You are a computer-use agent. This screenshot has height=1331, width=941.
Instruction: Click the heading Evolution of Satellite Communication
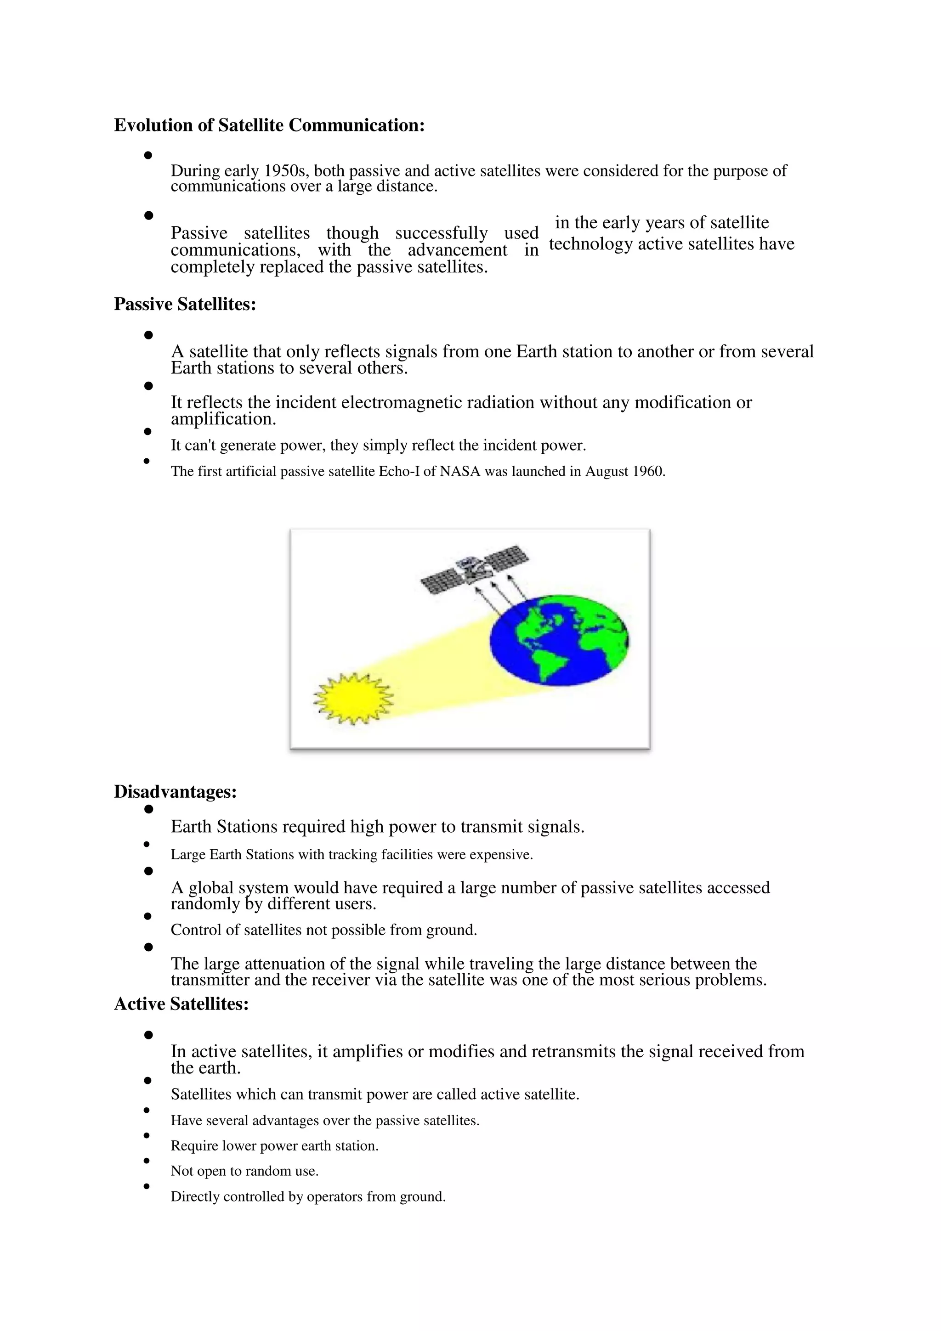point(269,125)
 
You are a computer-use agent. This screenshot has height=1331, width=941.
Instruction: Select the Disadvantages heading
point(175,791)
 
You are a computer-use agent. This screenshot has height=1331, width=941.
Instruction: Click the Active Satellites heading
point(181,1004)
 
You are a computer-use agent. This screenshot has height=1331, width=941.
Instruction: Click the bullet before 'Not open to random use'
point(147,1161)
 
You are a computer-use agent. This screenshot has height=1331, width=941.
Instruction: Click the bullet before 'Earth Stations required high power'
point(148,809)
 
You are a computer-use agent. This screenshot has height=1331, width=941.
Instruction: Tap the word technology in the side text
point(590,244)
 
